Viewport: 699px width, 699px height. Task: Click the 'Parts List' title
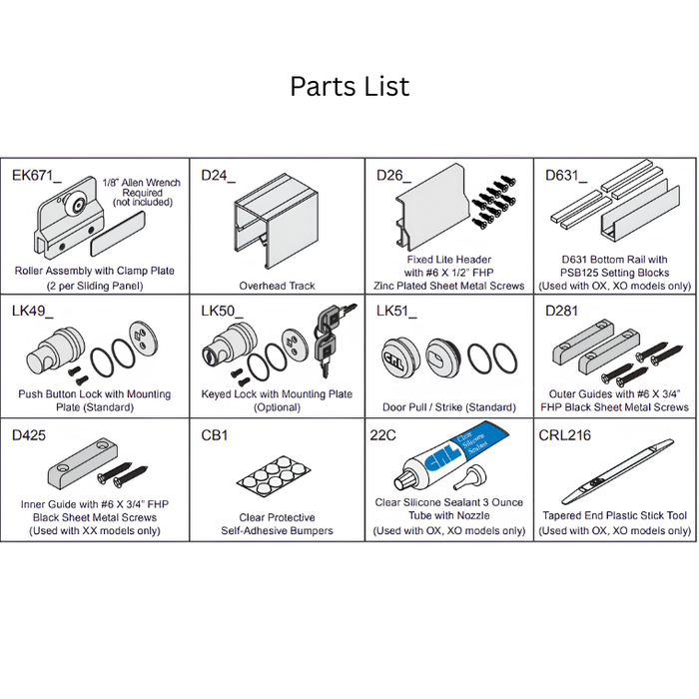point(349,86)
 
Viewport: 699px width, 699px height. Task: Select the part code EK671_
point(37,176)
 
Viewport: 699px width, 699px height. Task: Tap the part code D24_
point(218,176)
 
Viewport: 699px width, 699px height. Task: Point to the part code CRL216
point(564,434)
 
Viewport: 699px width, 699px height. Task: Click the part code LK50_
point(222,311)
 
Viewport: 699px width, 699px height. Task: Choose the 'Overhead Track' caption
point(277,286)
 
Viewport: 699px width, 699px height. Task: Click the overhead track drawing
point(276,221)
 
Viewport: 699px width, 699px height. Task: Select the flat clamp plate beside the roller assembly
point(118,234)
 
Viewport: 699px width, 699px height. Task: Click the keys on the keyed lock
point(333,339)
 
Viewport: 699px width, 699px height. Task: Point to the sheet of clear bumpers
point(274,473)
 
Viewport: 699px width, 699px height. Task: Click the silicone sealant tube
point(450,455)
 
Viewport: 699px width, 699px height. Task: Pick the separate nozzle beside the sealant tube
point(470,477)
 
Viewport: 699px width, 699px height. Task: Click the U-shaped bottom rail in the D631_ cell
point(640,214)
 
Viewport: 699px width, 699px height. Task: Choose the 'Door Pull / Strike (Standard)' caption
point(449,407)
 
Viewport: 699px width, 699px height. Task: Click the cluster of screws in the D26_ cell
point(494,202)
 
